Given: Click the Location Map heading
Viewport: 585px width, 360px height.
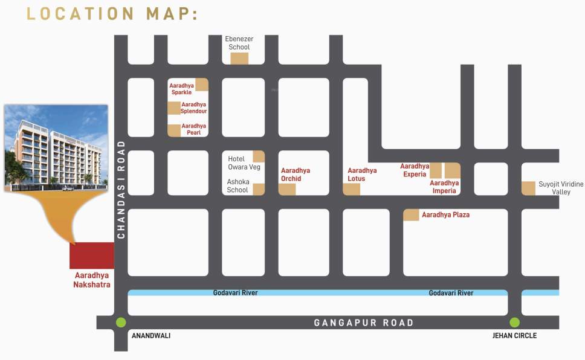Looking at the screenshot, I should [x=112, y=13].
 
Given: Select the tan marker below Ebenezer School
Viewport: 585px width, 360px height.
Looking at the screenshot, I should [x=239, y=58].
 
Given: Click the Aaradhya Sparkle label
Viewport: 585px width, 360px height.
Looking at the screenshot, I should [x=181, y=89].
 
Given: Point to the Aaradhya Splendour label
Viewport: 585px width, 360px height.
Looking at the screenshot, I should [x=193, y=108].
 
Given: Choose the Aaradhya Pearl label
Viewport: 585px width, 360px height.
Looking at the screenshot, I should [x=193, y=129].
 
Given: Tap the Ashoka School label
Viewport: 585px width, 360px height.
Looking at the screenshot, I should [x=238, y=185].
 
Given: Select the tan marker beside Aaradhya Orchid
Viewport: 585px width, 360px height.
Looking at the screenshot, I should [x=287, y=189].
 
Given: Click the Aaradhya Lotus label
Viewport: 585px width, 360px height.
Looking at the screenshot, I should [x=362, y=175].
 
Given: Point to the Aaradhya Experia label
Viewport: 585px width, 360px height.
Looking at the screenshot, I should [x=415, y=170].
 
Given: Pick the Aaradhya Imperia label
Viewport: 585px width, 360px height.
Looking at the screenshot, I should [x=444, y=187].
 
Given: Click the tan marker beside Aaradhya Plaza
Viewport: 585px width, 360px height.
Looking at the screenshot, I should [x=411, y=214].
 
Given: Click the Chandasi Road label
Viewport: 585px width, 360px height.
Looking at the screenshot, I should [x=121, y=189].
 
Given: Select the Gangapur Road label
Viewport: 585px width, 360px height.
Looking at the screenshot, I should [x=364, y=323].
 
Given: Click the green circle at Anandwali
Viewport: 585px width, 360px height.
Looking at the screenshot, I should [x=121, y=323].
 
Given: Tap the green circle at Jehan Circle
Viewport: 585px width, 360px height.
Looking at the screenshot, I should [x=514, y=323].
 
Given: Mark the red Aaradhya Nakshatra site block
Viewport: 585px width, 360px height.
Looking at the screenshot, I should [x=92, y=256].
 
